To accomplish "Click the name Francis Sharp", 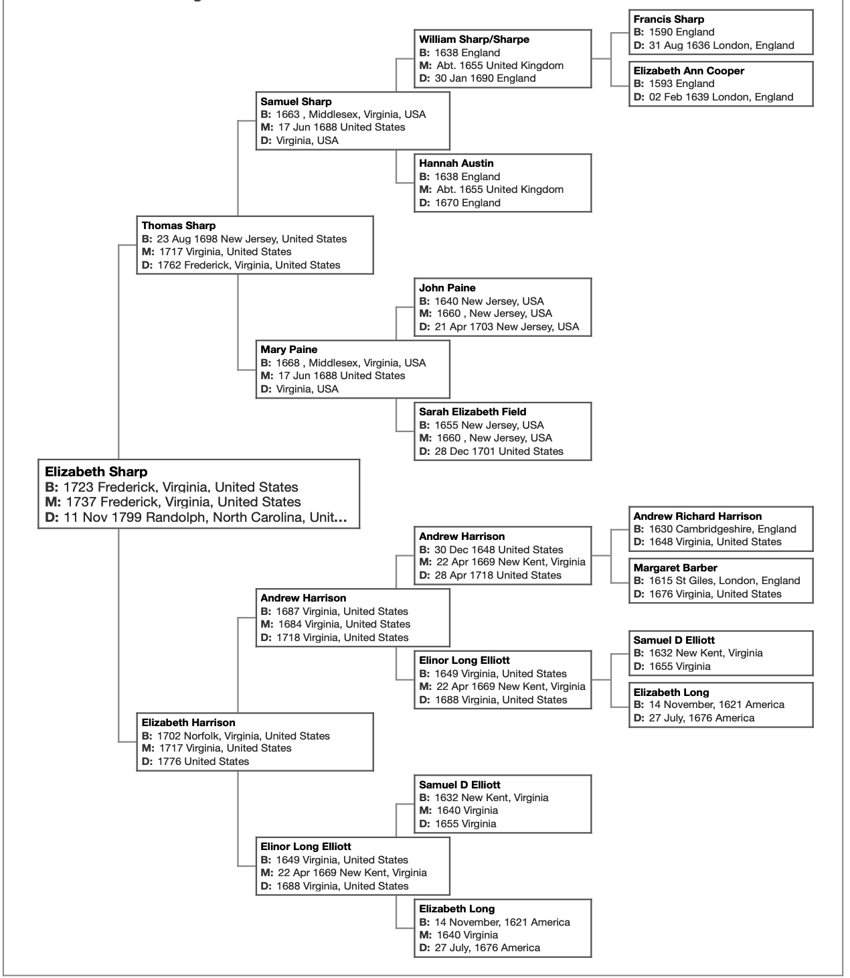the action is coord(669,19).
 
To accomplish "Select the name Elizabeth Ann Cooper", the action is coord(689,71).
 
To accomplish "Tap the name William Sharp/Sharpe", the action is coord(474,40).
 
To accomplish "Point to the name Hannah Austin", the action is coord(456,163).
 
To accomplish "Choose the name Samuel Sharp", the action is coord(296,102).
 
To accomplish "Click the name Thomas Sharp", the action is coord(179,226).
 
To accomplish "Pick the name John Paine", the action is coord(448,288).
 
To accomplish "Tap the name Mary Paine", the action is coord(289,350).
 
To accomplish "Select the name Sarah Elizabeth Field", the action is coord(473,412).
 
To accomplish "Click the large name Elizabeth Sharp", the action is coord(96,472).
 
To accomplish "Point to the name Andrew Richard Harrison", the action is coord(697,516).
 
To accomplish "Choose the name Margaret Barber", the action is coord(675,568).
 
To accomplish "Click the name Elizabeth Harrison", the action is coord(189,723).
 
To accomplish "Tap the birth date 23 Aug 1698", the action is coord(187,239).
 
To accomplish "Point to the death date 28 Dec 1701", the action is coord(465,451).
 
